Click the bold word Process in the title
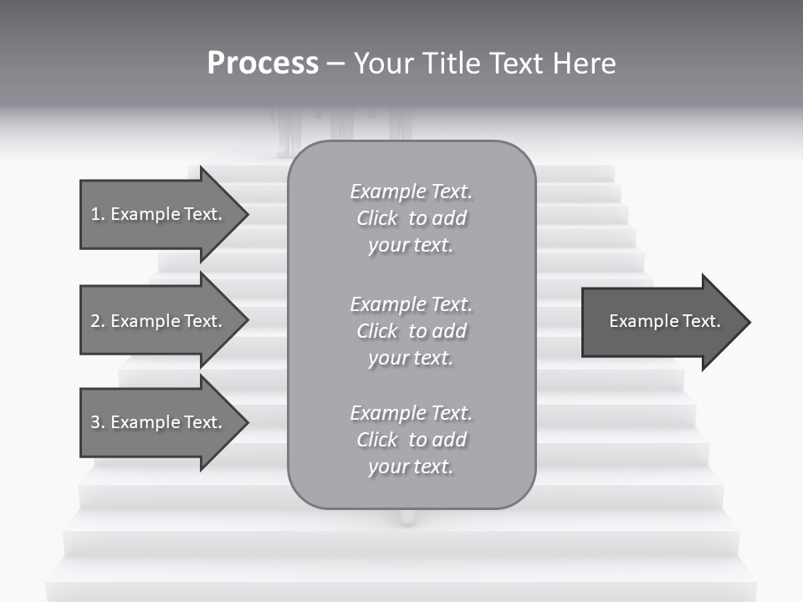(x=263, y=64)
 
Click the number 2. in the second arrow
(x=98, y=321)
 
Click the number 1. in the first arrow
(x=98, y=214)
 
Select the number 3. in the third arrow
(x=98, y=423)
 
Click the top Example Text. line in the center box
(x=412, y=191)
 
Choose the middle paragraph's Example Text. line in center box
(x=412, y=304)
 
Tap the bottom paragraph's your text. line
(x=411, y=467)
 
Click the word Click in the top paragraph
(x=377, y=218)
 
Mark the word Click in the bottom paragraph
(x=377, y=440)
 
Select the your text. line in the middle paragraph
(x=411, y=358)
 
